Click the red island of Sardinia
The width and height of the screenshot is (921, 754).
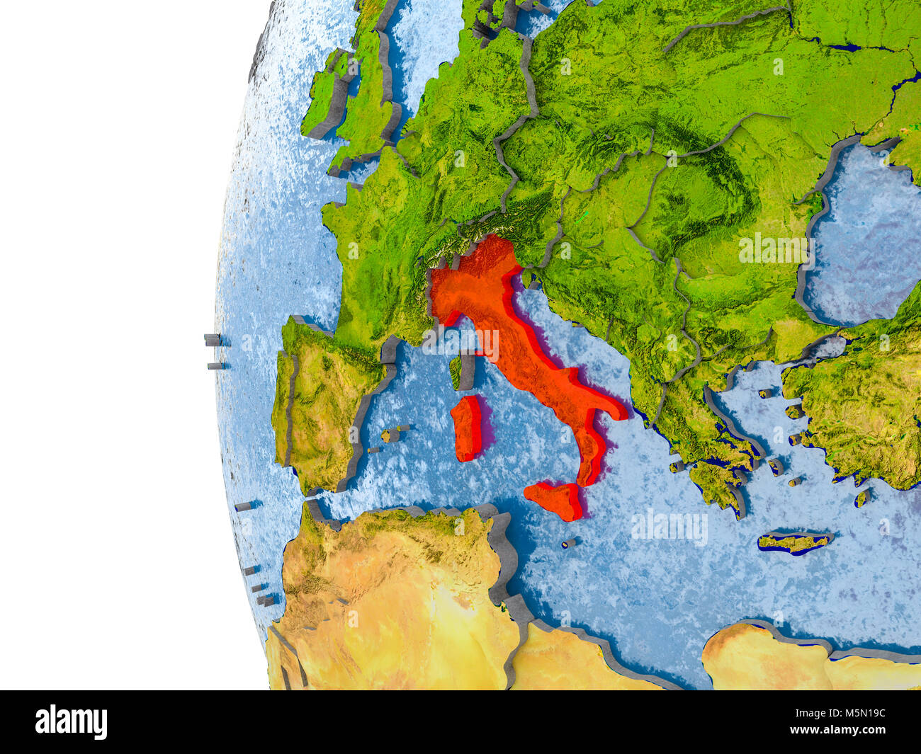[x=467, y=428]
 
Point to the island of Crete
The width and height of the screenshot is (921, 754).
[x=793, y=542]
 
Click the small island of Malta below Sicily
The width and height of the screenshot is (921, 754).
[x=569, y=543]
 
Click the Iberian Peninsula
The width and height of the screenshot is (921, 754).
[x=322, y=404]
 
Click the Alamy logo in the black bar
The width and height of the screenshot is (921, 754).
[x=71, y=722]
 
